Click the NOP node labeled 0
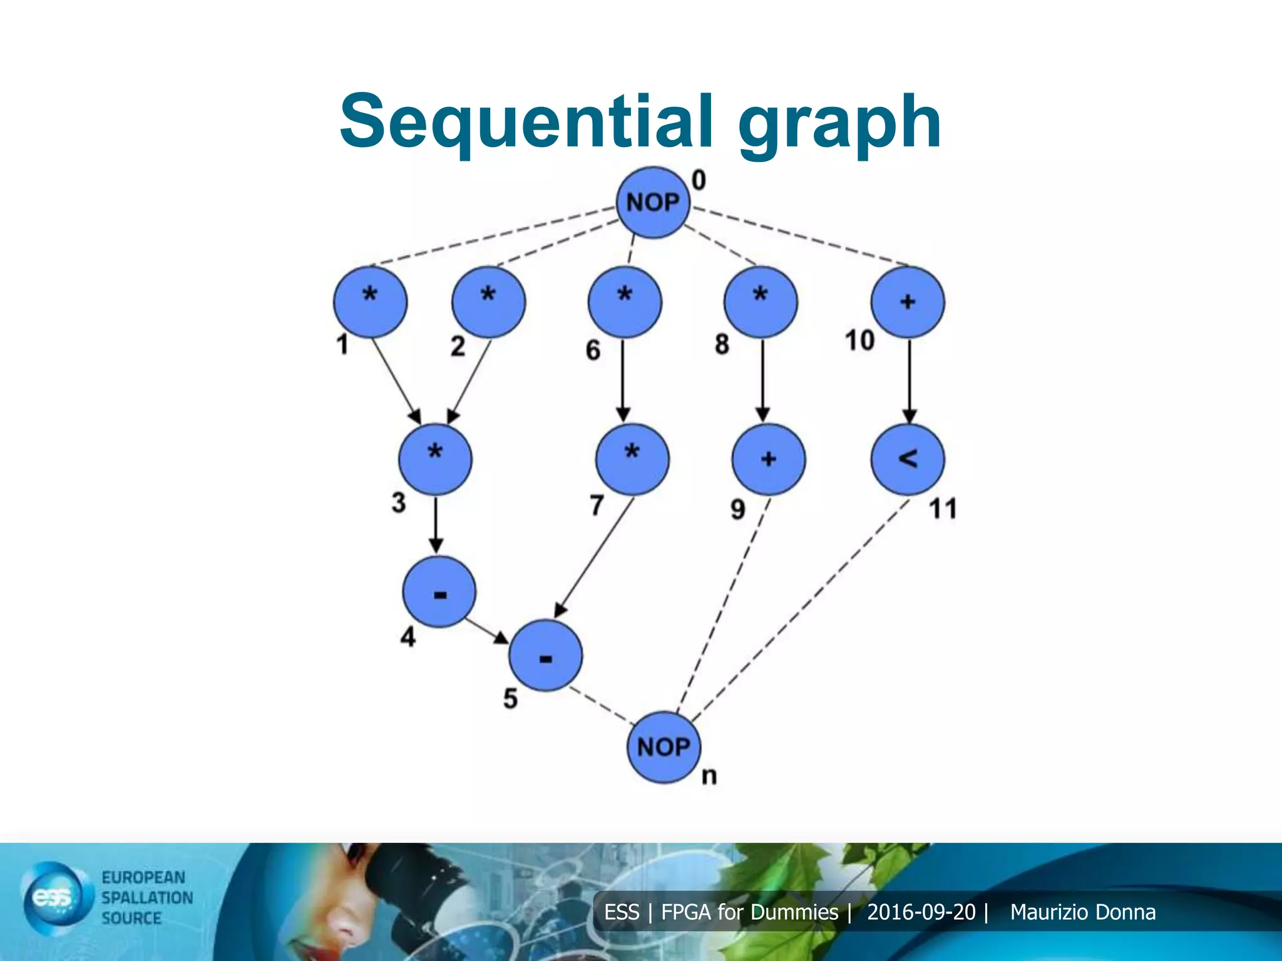pyautogui.click(x=653, y=203)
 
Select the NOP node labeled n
pyautogui.click(x=664, y=747)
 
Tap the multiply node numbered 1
pyautogui.click(x=370, y=302)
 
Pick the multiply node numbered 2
pyautogui.click(x=488, y=302)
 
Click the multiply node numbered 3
pyautogui.click(x=435, y=459)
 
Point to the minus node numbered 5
pyautogui.click(x=545, y=656)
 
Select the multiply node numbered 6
pyautogui.click(x=624, y=302)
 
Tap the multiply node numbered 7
pyautogui.click(x=632, y=459)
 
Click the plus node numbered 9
pyautogui.click(x=769, y=459)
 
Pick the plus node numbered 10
pyautogui.click(x=908, y=302)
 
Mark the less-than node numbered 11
pyautogui.click(x=908, y=459)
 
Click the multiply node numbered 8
pyautogui.click(x=761, y=302)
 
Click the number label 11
pyautogui.click(x=943, y=509)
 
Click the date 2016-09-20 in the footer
pyautogui.click(x=921, y=912)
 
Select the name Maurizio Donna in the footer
pyautogui.click(x=1082, y=912)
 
